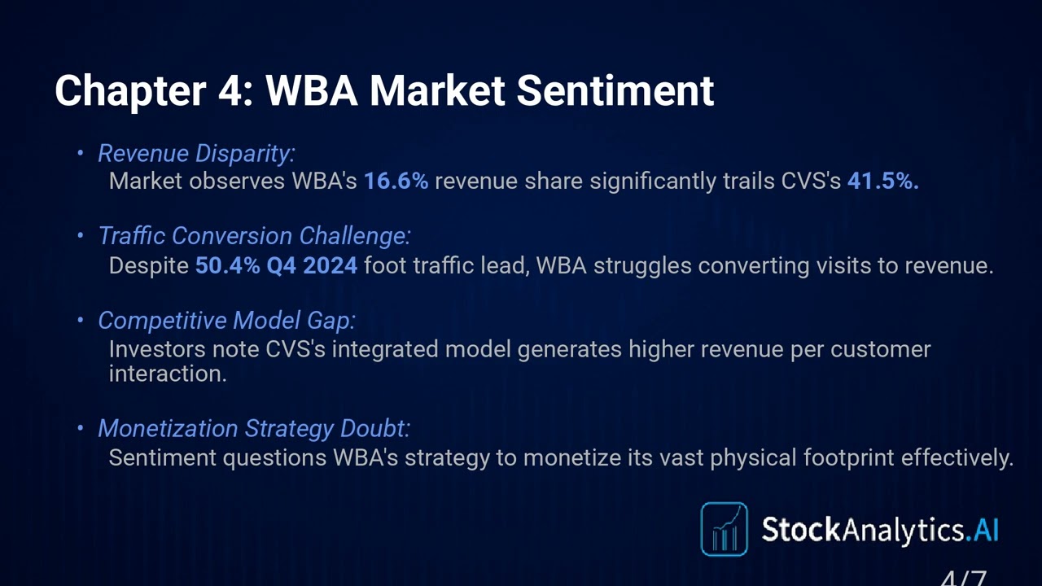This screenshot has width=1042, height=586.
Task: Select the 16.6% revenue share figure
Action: click(x=396, y=181)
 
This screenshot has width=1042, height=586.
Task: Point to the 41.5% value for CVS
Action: click(x=882, y=181)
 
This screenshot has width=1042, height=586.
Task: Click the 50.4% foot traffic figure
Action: click(x=227, y=265)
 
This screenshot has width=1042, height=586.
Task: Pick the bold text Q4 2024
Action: click(x=312, y=265)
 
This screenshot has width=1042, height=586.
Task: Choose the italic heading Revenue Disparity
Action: click(x=196, y=153)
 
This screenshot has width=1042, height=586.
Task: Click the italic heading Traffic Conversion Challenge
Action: click(x=254, y=236)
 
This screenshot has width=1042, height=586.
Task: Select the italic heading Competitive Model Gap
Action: click(x=226, y=320)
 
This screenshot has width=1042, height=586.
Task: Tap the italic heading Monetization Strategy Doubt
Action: click(x=253, y=428)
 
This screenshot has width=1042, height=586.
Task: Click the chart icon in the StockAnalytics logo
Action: click(x=724, y=529)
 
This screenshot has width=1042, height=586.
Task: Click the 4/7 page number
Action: click(x=964, y=579)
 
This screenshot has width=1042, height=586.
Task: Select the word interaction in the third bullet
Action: click(x=167, y=374)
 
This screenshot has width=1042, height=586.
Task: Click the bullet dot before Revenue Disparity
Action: click(x=81, y=153)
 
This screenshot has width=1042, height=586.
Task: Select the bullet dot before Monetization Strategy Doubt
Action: click(x=81, y=428)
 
